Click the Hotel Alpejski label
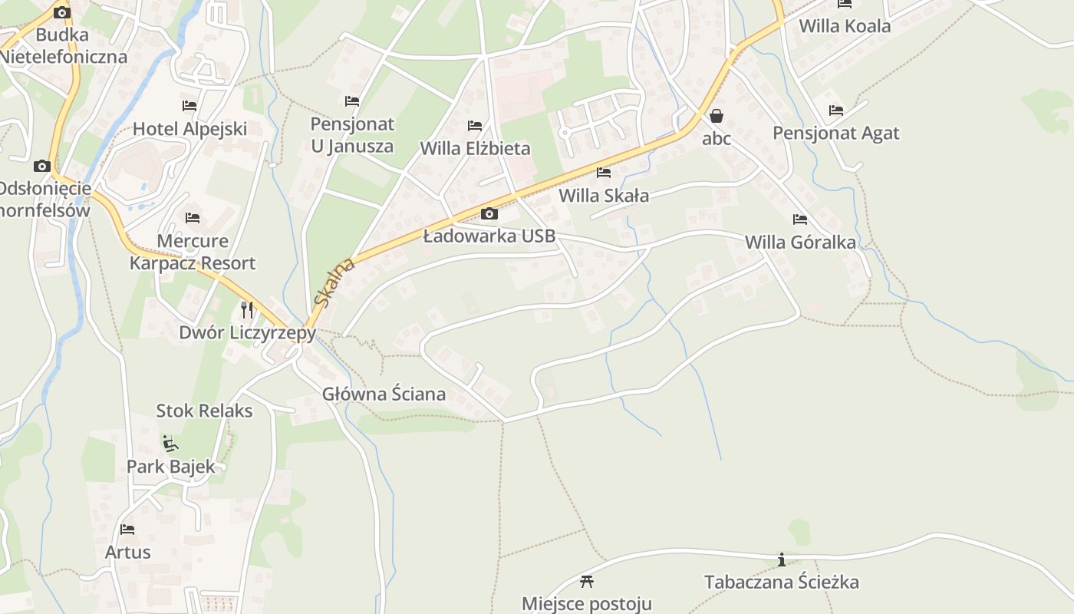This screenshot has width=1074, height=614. pyautogui.click(x=189, y=129)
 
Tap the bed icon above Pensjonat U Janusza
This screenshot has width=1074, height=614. pyautogui.click(x=352, y=101)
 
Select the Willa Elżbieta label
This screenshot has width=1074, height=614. pyautogui.click(x=475, y=148)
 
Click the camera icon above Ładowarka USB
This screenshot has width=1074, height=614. pyautogui.click(x=489, y=213)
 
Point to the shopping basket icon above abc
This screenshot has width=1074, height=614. pyautogui.click(x=717, y=116)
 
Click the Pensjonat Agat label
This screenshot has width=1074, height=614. pyautogui.click(x=835, y=134)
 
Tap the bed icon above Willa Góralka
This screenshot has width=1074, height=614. pyautogui.click(x=800, y=220)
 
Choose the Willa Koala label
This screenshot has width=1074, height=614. pyautogui.click(x=845, y=27)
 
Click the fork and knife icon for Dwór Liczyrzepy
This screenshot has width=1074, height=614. pyautogui.click(x=247, y=309)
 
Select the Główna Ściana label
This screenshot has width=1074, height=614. pyautogui.click(x=384, y=394)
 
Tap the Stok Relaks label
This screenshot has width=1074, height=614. pyautogui.click(x=204, y=411)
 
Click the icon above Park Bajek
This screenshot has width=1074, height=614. pyautogui.click(x=170, y=444)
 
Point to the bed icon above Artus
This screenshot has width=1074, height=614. pyautogui.click(x=127, y=530)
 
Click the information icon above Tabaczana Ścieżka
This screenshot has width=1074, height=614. pyautogui.click(x=782, y=560)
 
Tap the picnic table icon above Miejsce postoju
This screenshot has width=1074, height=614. pyautogui.click(x=587, y=581)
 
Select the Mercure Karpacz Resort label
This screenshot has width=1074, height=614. pyautogui.click(x=193, y=252)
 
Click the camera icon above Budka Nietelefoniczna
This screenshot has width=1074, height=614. pyautogui.click(x=62, y=12)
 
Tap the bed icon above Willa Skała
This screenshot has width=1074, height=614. pyautogui.click(x=604, y=173)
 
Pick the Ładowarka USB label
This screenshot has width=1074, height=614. pyautogui.click(x=489, y=236)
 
